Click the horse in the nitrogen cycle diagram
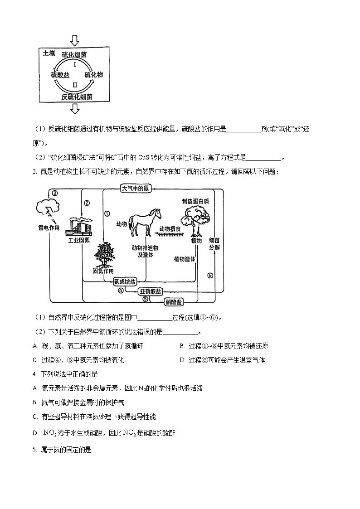[x=145, y=222]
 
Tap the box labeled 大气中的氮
[x=135, y=189]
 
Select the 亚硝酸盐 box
[x=150, y=291]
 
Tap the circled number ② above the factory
[x=87, y=203]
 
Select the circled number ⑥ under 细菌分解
[x=210, y=275]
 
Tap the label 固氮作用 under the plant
[x=102, y=271]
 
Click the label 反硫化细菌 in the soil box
[x=77, y=97]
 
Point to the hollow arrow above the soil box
[x=75, y=41]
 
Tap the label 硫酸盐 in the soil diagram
[x=60, y=74]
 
